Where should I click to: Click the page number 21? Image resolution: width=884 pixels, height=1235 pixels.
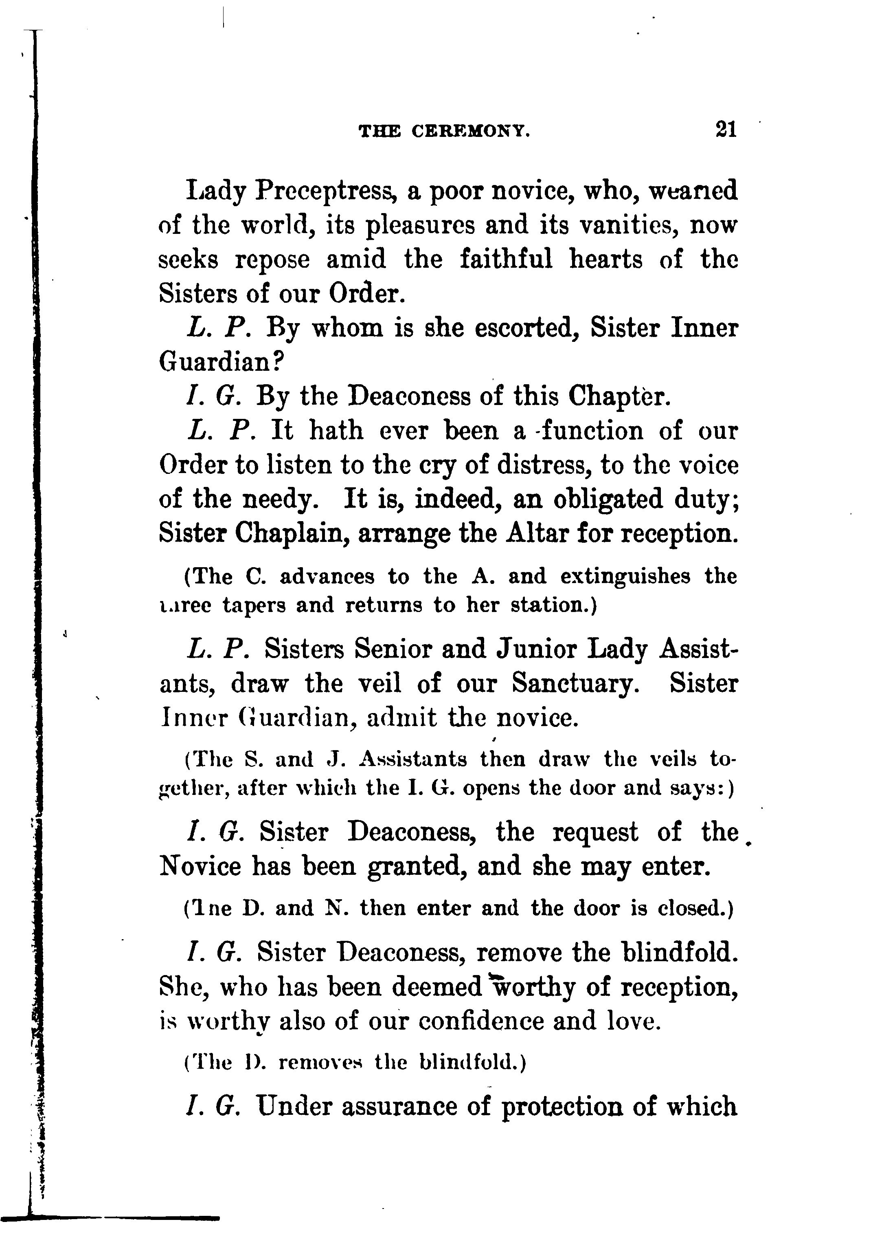(726, 130)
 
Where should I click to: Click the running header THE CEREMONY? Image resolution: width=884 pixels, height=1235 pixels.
(445, 131)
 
